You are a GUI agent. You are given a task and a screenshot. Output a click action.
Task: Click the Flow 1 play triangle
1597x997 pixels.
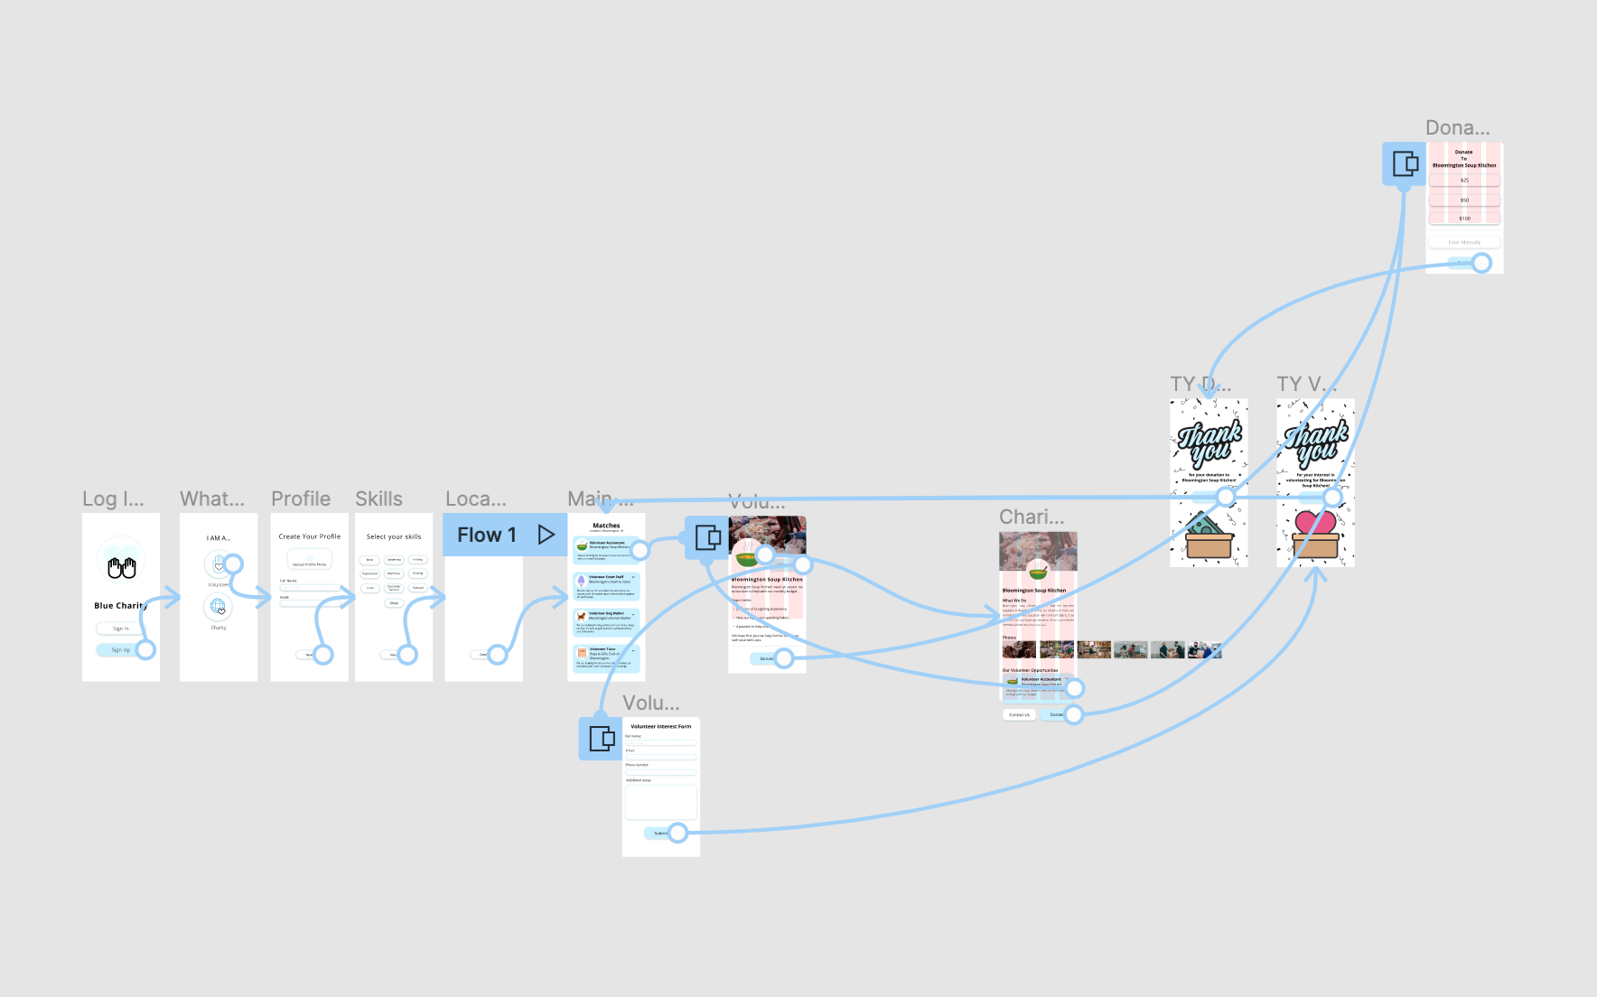pos(546,535)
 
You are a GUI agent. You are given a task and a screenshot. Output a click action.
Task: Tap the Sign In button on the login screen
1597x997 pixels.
pos(121,629)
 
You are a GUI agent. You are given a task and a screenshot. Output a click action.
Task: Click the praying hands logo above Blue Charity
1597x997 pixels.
pos(121,567)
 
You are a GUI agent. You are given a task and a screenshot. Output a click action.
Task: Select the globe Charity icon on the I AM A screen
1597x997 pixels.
pos(218,607)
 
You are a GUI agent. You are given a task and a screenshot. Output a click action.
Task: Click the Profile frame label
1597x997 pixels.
pos(301,498)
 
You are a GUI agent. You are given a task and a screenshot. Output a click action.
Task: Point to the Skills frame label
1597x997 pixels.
pos(378,498)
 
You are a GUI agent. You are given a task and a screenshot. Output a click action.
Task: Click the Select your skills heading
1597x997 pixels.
pos(394,536)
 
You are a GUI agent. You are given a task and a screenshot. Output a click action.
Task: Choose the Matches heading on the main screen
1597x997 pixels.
pos(606,525)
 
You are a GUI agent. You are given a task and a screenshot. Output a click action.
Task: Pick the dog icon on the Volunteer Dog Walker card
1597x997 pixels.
pos(582,616)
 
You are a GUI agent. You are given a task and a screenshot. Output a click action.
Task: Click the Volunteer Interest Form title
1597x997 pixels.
pos(660,726)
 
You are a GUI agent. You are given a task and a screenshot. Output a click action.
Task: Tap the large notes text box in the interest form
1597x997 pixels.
pos(660,802)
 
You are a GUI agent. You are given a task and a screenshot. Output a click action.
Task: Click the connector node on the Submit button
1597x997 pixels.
pos(678,833)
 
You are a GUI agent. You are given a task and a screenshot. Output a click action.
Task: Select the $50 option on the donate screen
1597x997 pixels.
pos(1464,200)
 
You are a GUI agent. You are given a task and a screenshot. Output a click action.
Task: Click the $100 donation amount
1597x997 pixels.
pos(1464,219)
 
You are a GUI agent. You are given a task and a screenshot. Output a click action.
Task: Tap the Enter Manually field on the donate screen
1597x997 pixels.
pos(1464,242)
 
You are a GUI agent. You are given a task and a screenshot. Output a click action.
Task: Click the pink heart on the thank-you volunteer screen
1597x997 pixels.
pos(1315,523)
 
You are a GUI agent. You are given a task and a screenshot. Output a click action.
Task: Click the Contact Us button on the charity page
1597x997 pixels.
pos(1019,714)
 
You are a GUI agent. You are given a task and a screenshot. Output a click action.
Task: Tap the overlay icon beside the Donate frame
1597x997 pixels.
pos(1405,163)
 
